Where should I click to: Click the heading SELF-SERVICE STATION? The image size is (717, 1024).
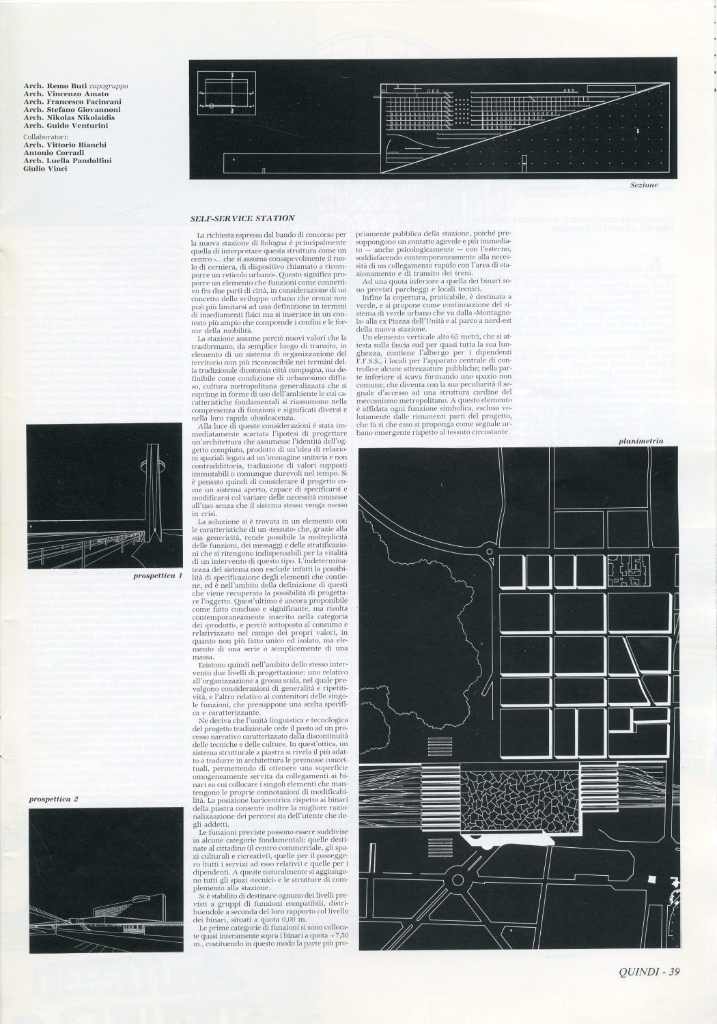tap(242, 218)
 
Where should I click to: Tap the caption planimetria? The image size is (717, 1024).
tap(641, 441)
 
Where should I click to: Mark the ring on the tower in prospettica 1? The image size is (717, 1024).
tap(150, 466)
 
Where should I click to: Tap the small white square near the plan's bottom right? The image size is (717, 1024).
tap(651, 881)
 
